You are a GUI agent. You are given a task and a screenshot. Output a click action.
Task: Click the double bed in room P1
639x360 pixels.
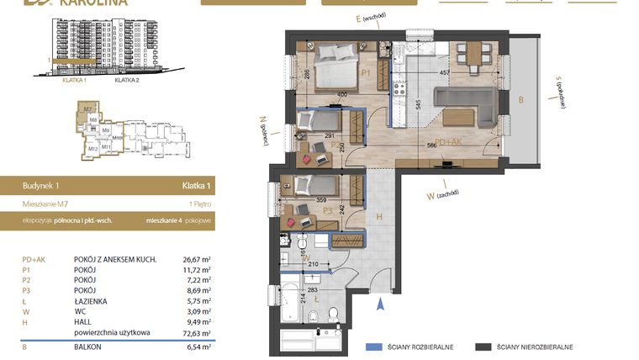point(337,62)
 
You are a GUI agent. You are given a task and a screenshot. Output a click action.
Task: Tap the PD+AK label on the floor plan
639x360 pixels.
point(448,142)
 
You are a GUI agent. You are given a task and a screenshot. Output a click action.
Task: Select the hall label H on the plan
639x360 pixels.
point(380,217)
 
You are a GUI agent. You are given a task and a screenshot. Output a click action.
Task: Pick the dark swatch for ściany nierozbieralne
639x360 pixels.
point(483,347)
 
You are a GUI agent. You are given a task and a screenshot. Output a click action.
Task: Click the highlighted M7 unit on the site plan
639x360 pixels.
point(87,109)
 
